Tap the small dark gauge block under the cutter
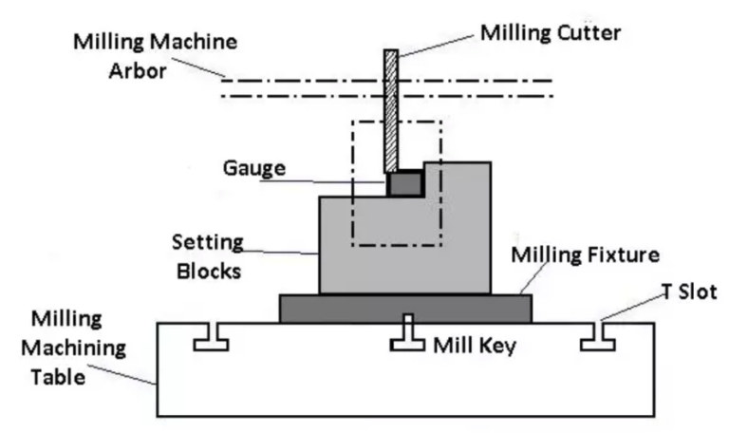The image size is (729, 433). point(403,183)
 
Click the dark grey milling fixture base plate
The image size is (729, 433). point(405,309)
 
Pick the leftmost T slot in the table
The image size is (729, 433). point(210,337)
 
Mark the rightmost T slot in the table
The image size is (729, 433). point(599,337)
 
